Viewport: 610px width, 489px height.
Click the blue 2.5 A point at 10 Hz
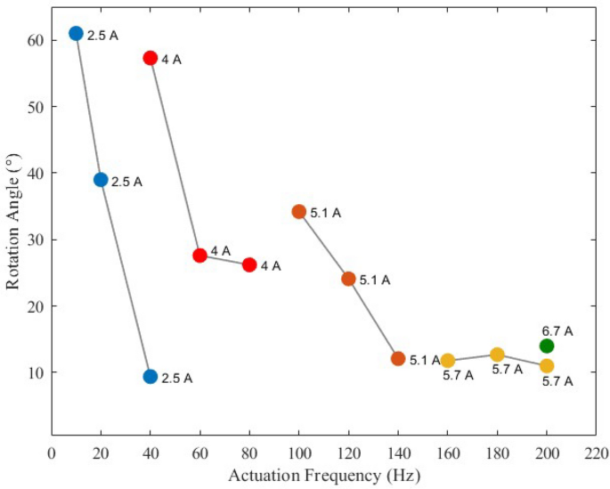coord(76,33)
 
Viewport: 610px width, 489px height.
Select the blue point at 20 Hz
coord(101,179)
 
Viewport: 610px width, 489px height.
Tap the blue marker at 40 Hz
coord(150,376)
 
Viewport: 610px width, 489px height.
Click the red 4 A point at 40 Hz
coord(150,58)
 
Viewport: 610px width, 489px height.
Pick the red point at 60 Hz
coord(199,255)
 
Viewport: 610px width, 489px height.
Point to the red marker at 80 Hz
coord(249,265)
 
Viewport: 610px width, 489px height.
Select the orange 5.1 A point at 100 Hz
coord(299,211)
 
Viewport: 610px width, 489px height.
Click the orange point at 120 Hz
coord(348,279)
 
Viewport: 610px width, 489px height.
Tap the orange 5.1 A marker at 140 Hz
coord(398,358)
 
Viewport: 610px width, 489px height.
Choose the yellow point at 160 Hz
coord(447,360)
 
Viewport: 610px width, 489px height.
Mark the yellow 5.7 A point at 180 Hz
coord(497,355)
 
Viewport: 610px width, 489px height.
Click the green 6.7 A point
coord(547,346)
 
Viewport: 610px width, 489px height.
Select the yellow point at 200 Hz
coord(547,365)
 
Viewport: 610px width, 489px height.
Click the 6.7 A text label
coord(557,330)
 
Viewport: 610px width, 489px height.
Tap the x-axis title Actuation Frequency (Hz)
coord(323,475)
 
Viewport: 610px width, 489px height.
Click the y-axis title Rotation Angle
coord(13,218)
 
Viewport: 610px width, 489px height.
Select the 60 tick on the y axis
coord(36,40)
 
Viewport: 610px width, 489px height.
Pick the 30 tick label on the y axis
coord(36,240)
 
